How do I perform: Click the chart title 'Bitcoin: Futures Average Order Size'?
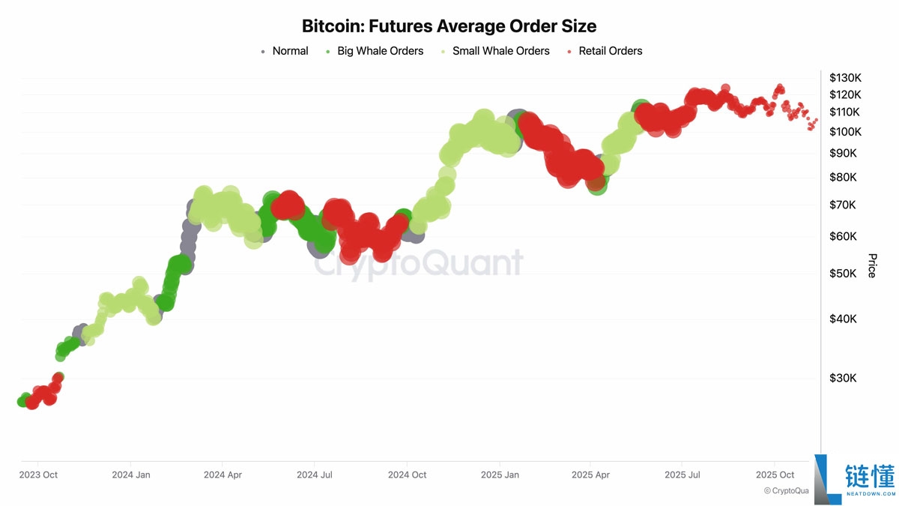(x=449, y=26)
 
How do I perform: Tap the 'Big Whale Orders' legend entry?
(x=380, y=51)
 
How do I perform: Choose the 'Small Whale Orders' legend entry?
(x=500, y=51)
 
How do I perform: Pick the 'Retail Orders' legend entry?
(x=610, y=51)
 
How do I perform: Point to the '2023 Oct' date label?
(x=38, y=475)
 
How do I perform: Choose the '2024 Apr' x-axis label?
(x=223, y=475)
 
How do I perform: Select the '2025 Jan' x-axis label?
(x=500, y=475)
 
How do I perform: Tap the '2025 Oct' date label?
(x=775, y=475)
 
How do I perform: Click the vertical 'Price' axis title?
(x=871, y=265)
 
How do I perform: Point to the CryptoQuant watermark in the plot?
(x=417, y=263)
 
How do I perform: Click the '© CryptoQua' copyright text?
(x=787, y=491)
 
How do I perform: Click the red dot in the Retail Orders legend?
(x=571, y=52)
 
